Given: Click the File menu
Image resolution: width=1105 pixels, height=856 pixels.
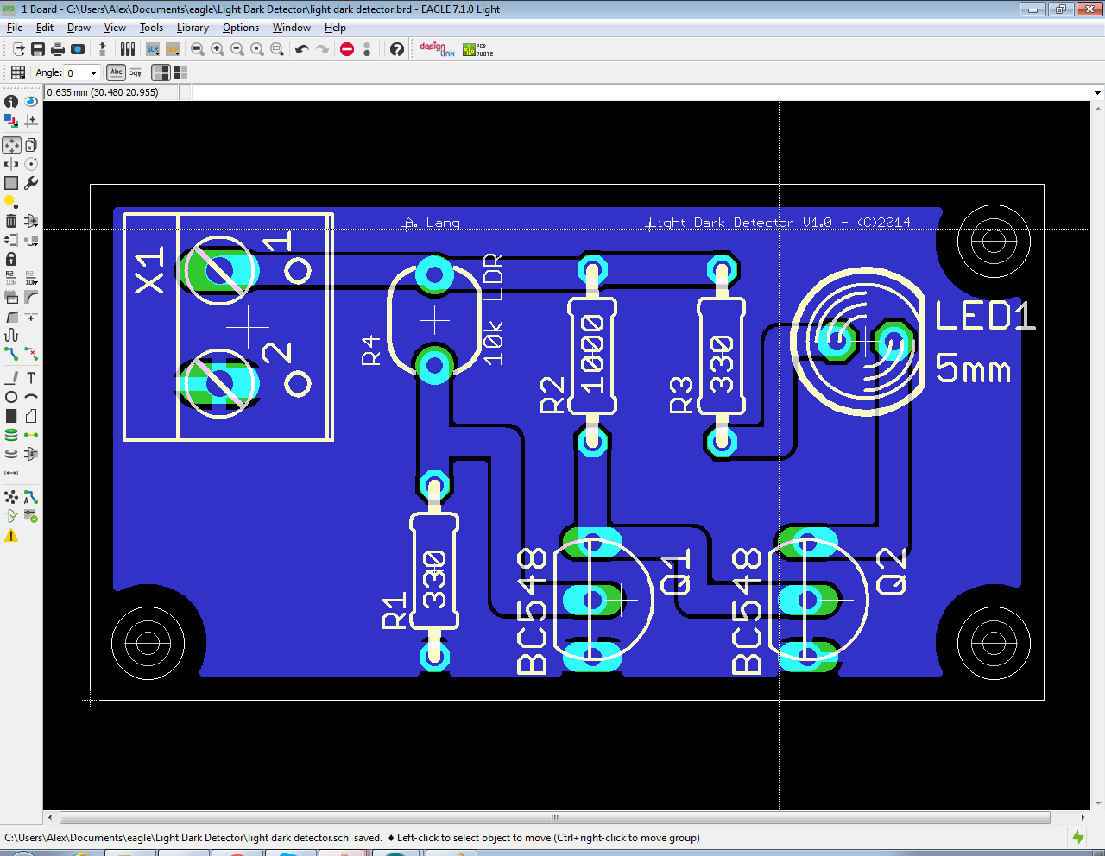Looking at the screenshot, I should pos(15,28).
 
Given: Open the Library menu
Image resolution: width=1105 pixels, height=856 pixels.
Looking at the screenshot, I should pos(193,28).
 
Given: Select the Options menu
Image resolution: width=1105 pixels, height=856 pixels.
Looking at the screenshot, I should pos(240,28).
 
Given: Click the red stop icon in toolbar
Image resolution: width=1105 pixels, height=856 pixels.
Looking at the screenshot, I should pos(347,49).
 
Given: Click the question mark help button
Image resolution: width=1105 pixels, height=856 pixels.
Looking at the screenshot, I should pos(396,49).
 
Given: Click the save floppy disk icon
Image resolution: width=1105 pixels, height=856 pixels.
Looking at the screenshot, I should pos(38,49).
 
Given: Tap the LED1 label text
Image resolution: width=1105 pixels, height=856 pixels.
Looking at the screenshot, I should pos(984,317).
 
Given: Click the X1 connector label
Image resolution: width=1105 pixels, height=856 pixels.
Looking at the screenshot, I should pos(149,269).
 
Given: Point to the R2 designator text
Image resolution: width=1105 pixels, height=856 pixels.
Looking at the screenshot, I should pos(552,394).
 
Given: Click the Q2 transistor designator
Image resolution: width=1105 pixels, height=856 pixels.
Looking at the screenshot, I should pos(892,571).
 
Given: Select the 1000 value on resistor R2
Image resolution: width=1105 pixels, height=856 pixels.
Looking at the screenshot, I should pos(592,354).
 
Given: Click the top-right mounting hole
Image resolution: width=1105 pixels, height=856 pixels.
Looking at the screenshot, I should pos(994,241).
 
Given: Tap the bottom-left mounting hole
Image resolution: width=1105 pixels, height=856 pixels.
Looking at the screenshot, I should pos(148,643).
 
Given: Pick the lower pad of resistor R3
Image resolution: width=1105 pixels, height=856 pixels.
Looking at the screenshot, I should pos(721,442).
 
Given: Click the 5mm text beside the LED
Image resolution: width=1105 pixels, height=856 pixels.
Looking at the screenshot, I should pos(973,369).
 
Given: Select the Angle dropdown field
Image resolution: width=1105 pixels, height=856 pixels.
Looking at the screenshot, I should pos(83,73).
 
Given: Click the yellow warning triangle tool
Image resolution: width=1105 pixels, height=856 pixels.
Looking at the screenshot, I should pos(11,536).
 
